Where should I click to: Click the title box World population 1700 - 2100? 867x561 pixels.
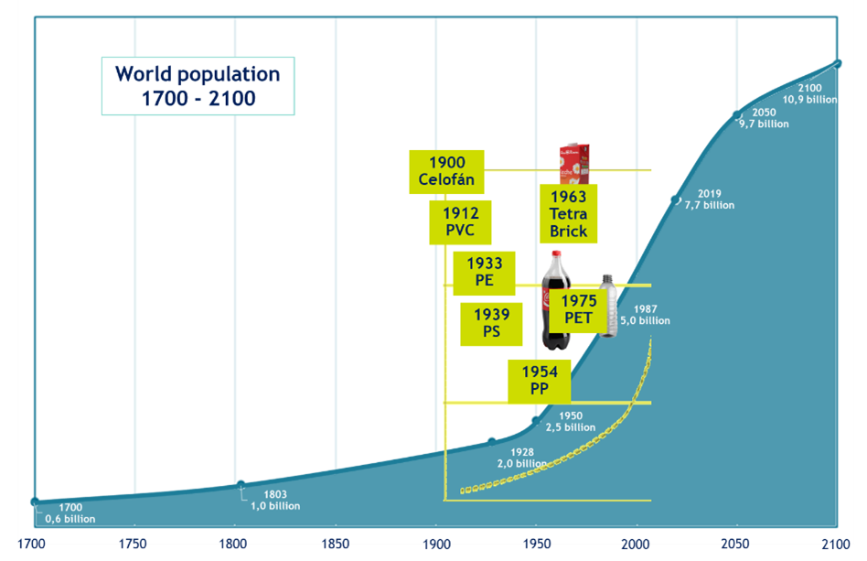click(x=198, y=86)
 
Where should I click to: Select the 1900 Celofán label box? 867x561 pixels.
click(x=446, y=171)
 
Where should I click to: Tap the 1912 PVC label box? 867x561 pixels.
click(x=460, y=222)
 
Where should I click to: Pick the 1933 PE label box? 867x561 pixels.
click(x=484, y=273)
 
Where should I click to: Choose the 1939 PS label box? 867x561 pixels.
click(x=491, y=323)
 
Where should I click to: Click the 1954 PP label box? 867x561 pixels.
click(x=540, y=381)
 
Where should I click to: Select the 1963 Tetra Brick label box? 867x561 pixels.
click(x=569, y=214)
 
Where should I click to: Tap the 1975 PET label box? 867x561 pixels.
click(x=579, y=309)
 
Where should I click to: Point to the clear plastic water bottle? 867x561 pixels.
click(x=608, y=306)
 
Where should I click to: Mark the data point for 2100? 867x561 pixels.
click(x=838, y=63)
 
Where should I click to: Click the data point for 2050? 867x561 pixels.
click(x=737, y=115)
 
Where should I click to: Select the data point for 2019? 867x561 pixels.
click(x=676, y=199)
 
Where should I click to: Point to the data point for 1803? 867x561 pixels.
click(x=241, y=484)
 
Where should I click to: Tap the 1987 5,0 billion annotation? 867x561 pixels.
click(x=645, y=315)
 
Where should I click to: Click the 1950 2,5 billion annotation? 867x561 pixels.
click(x=571, y=422)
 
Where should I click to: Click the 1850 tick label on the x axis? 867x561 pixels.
click(x=336, y=545)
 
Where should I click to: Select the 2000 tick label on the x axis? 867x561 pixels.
click(x=636, y=545)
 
